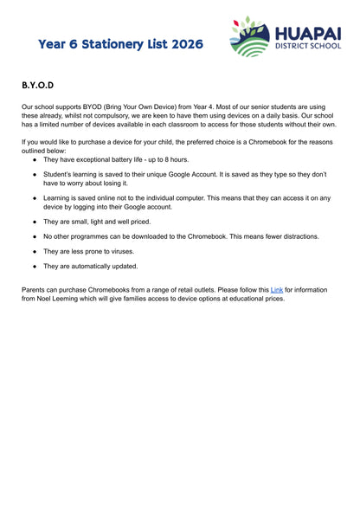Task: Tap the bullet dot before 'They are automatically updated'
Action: point(35,266)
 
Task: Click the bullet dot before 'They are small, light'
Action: point(35,221)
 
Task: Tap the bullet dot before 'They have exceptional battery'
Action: point(35,159)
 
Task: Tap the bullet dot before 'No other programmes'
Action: point(35,235)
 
